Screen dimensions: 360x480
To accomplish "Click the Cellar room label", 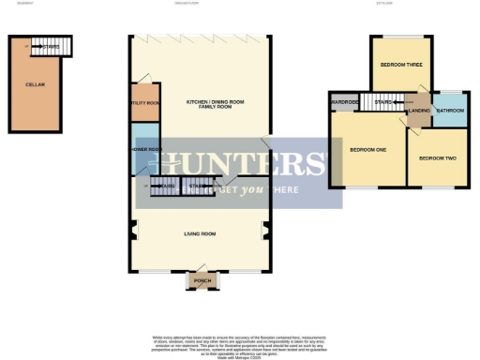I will tap(36, 84).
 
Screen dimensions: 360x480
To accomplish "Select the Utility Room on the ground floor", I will tap(144, 103).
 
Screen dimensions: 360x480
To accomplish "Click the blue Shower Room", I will tap(143, 150).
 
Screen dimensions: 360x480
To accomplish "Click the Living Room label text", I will tap(201, 233).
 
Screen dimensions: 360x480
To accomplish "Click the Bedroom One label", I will tap(367, 150).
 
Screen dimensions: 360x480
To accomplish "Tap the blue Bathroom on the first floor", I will tap(449, 111).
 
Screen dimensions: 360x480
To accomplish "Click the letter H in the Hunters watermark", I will tap(151, 164).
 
